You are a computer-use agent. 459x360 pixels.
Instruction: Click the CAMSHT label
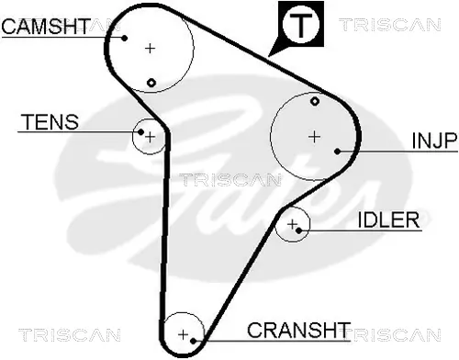(x=45, y=27)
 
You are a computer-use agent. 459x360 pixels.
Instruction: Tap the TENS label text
(x=50, y=122)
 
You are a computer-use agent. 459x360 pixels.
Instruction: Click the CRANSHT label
(x=299, y=330)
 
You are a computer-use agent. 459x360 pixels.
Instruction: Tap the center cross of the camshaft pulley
(x=151, y=48)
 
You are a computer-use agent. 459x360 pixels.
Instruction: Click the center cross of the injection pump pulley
(x=314, y=137)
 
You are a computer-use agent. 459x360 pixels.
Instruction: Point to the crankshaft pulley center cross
(x=183, y=333)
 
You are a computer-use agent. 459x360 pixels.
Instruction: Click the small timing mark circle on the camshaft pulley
(x=151, y=83)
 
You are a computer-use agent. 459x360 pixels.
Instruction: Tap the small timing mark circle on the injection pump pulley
(x=315, y=100)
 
